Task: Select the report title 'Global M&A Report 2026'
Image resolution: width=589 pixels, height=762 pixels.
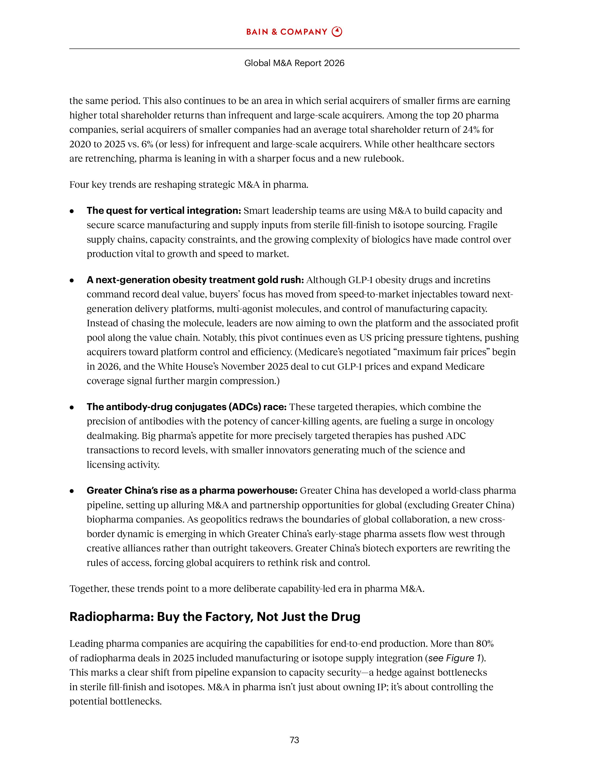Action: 294,63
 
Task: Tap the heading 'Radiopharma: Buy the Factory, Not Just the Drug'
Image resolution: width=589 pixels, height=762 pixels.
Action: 215,617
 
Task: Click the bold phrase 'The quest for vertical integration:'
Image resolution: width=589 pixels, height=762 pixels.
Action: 164,211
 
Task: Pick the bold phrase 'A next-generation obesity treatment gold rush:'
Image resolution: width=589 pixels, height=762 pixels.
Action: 195,280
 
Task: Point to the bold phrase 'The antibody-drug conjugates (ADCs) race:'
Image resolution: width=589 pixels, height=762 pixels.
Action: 186,407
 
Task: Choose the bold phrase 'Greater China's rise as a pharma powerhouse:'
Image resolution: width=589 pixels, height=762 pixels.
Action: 191,490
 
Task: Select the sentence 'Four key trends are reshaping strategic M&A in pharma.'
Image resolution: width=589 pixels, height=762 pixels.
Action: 189,184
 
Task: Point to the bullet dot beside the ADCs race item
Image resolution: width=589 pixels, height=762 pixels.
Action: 72,407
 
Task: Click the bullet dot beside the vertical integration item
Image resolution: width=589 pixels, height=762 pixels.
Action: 72,211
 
